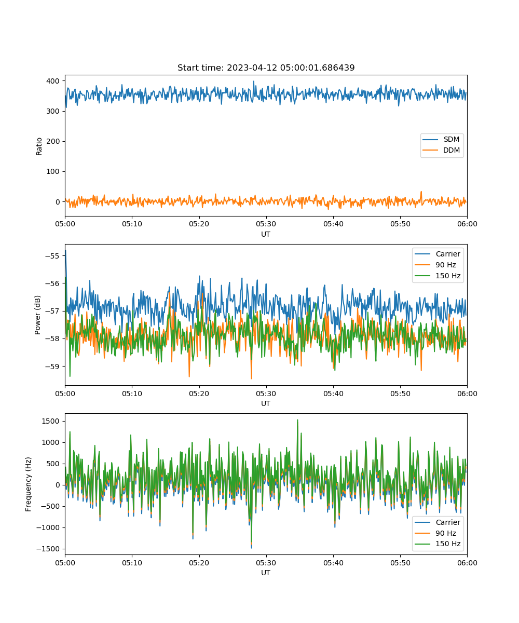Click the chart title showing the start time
click(266, 67)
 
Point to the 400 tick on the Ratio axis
click(53, 81)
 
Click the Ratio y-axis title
click(39, 146)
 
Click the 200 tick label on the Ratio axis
click(53, 141)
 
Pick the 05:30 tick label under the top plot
click(266, 224)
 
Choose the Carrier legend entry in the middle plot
click(438, 254)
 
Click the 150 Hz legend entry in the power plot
click(438, 276)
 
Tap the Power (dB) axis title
click(37, 315)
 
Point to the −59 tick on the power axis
click(52, 367)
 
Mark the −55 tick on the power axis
click(52, 256)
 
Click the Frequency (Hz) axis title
click(28, 484)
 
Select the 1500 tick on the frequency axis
click(51, 421)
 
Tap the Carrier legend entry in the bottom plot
click(438, 522)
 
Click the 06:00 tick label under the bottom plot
click(467, 563)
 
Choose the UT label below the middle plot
click(265, 403)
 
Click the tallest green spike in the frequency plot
click(297, 420)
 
